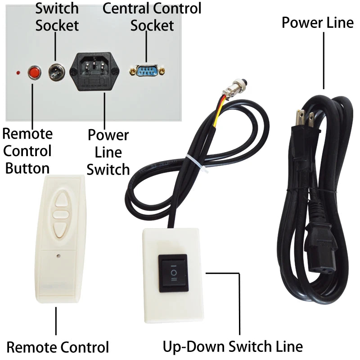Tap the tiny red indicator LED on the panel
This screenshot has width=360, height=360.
[18, 72]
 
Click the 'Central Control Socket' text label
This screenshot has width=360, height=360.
[152, 16]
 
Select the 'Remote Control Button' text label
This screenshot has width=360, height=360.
[27, 151]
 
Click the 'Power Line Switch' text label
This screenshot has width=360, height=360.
[108, 152]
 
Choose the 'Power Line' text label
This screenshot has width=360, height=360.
[317, 22]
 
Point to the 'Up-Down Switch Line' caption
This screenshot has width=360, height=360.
[232, 346]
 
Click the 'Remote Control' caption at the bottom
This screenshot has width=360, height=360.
[58, 347]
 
